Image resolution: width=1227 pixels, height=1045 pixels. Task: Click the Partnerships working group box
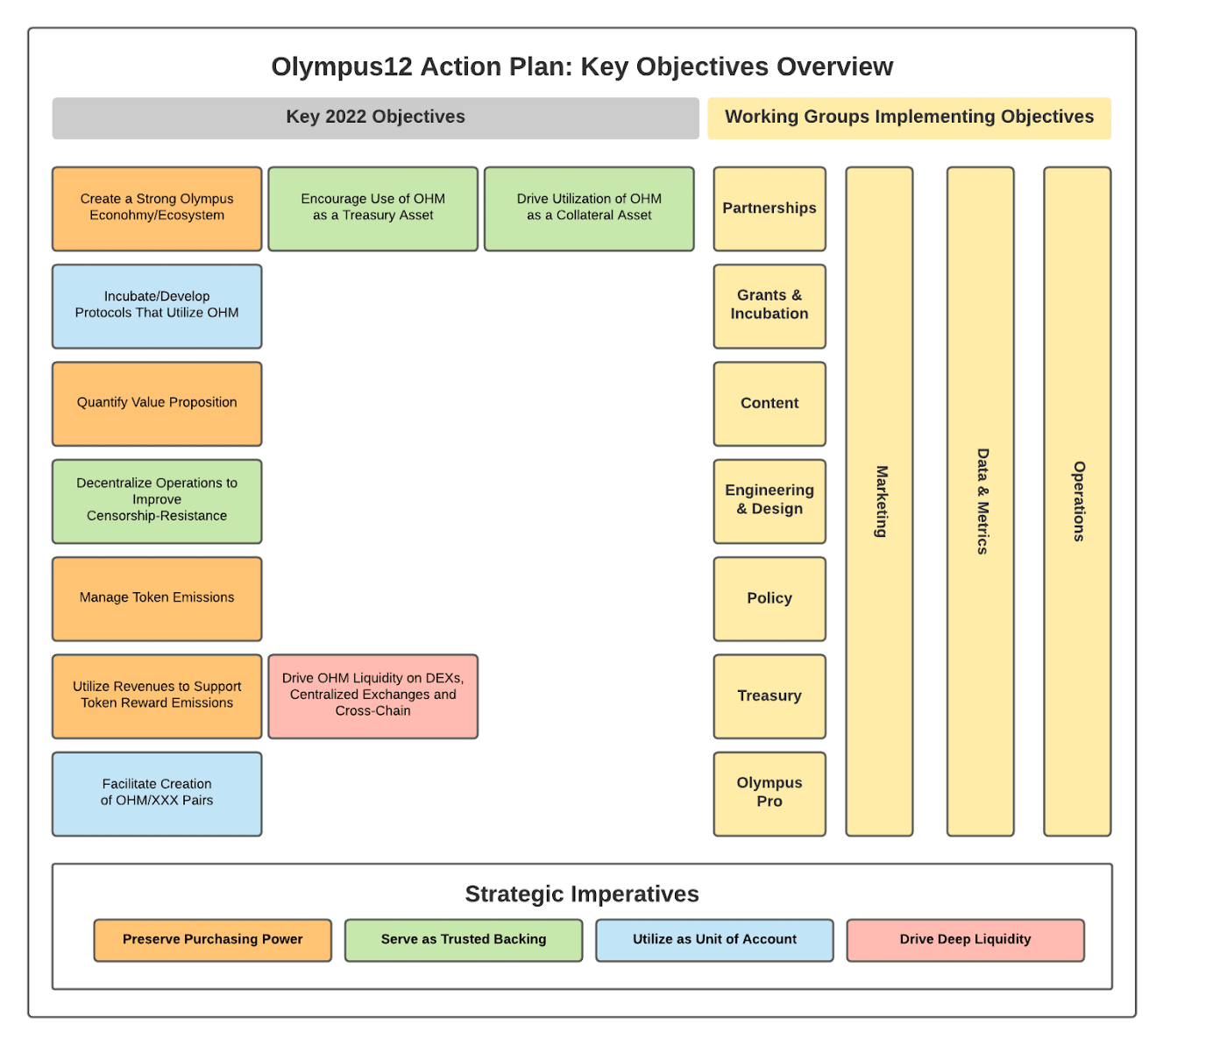click(770, 208)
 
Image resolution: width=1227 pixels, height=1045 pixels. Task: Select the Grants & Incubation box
click(770, 307)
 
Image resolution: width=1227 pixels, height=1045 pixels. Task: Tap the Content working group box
click(770, 404)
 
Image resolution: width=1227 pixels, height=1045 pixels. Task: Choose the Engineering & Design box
click(770, 501)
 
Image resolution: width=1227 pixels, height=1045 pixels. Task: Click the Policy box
click(770, 599)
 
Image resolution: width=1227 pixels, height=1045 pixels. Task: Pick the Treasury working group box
click(770, 696)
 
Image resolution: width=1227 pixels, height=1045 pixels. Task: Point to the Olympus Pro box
click(770, 794)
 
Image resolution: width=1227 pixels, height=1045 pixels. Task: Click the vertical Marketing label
click(882, 501)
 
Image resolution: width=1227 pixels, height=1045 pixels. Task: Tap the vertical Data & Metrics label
click(982, 501)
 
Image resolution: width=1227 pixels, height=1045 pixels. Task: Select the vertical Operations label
click(1079, 501)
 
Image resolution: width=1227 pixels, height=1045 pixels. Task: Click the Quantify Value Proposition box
click(157, 404)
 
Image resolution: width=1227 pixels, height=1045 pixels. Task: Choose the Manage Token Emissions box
click(157, 599)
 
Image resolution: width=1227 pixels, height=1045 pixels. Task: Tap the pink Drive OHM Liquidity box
click(372, 696)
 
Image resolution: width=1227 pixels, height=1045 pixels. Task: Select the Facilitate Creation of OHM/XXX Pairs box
click(157, 794)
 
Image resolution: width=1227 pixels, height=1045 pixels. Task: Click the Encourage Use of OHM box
click(372, 208)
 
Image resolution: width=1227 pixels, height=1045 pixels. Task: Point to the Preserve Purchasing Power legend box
click(212, 940)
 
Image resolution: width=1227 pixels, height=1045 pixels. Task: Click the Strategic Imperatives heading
click(582, 893)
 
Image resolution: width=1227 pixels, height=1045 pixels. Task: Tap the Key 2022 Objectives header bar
click(376, 118)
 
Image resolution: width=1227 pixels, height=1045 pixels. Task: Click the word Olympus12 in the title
click(342, 67)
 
